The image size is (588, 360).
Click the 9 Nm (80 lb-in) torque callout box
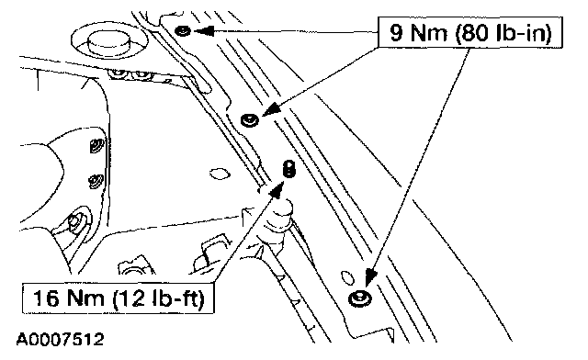coord(470,32)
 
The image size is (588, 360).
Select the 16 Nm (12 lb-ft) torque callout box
coord(119,298)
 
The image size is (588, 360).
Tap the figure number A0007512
coord(60,340)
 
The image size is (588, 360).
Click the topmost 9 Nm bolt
coord(183,30)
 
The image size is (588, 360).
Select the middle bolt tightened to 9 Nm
coord(249,120)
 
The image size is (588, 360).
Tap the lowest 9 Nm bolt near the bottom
coord(360,298)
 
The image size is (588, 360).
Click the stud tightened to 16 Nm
coord(288,168)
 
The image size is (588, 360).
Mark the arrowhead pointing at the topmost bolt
coord(203,30)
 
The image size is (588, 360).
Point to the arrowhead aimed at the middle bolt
coord(272,108)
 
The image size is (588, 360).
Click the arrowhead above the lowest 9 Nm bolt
coord(371,276)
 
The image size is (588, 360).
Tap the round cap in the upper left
coord(108,42)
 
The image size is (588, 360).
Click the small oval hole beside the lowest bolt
coord(347,277)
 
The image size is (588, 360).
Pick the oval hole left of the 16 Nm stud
coord(219,174)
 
